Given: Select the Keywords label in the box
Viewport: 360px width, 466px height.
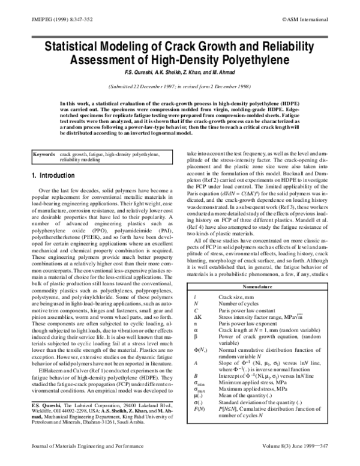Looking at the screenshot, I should pos(44,154).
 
